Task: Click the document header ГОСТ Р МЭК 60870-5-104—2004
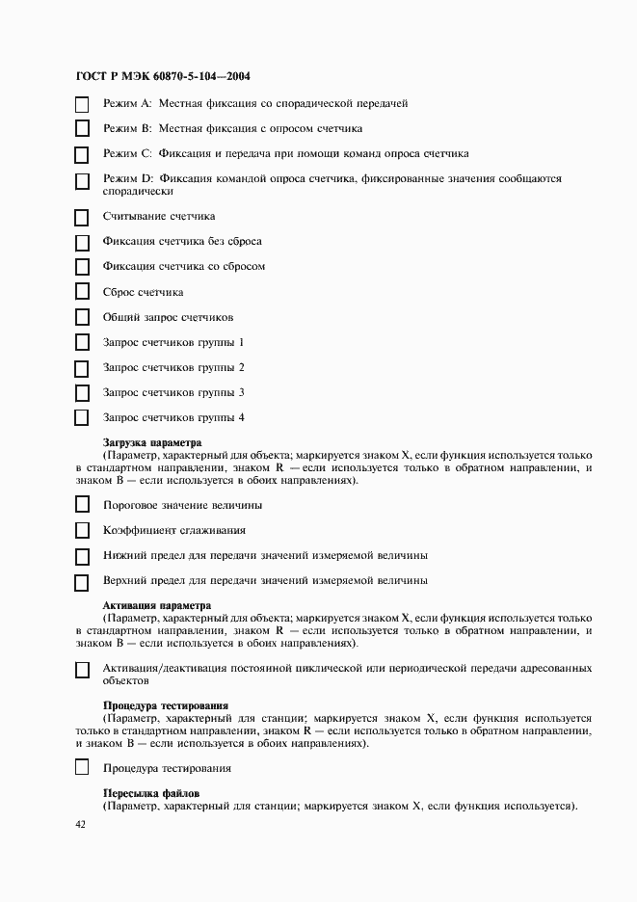[163, 76]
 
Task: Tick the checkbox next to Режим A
[82, 103]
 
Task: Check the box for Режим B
[82, 128]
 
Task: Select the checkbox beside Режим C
[82, 153]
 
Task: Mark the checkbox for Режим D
[82, 180]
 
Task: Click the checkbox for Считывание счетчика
[82, 217]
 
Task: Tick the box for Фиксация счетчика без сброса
[82, 242]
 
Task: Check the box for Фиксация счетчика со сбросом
[82, 267]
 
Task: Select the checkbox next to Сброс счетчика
[82, 292]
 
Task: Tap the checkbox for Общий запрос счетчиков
[82, 317]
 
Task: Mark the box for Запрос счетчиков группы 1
[82, 343]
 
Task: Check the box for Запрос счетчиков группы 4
[82, 418]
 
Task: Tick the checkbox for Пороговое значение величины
[82, 505]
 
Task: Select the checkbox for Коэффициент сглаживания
[82, 530]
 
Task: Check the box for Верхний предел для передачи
[82, 581]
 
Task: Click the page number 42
[80, 826]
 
